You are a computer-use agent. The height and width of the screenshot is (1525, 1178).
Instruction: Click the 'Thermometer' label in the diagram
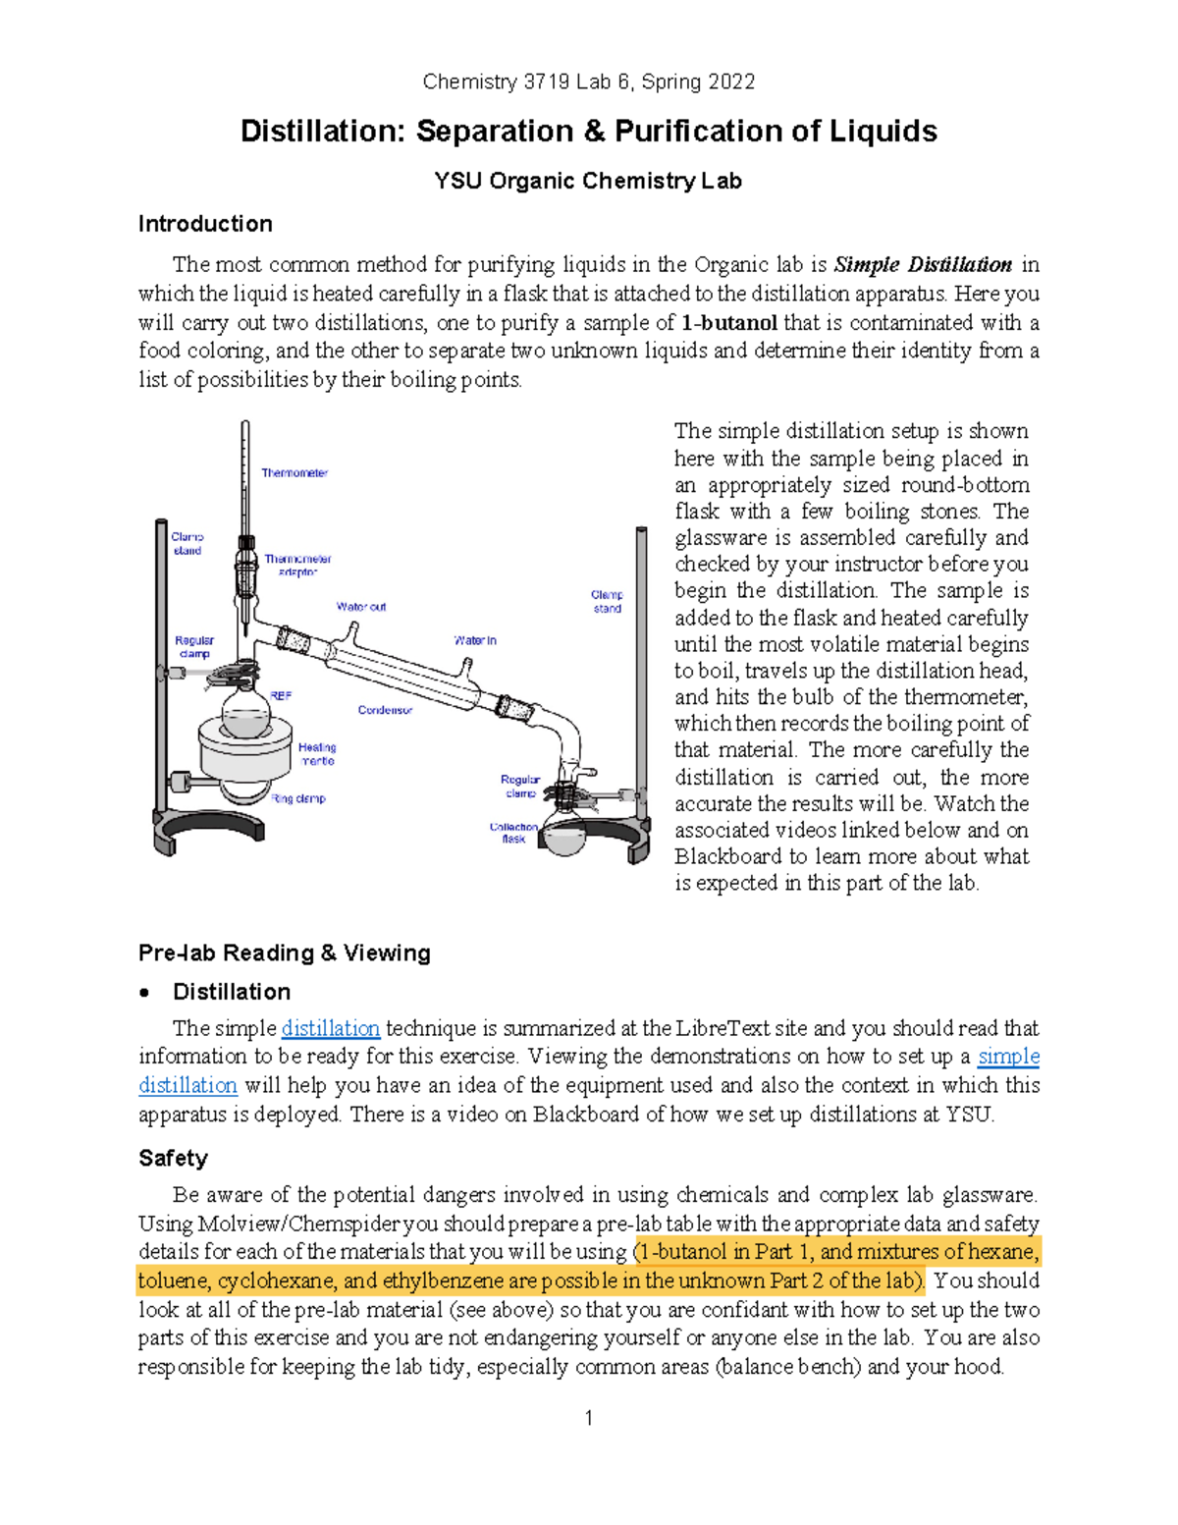(294, 473)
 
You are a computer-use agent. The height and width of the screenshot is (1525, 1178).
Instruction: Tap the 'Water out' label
(361, 607)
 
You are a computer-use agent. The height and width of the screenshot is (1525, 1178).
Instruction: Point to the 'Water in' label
(475, 640)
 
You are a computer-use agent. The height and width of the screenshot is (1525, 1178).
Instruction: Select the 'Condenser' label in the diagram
(385, 710)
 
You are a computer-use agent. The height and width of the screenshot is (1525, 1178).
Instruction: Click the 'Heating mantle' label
(317, 754)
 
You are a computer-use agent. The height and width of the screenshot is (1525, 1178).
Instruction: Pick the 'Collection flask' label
(513, 833)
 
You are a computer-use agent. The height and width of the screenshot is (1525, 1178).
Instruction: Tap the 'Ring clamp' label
(298, 798)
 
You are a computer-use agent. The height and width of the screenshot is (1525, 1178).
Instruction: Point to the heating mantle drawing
(245, 751)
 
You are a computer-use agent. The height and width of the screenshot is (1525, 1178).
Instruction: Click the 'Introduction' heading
(205, 224)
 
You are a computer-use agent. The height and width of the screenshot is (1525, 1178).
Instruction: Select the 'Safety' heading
(173, 1158)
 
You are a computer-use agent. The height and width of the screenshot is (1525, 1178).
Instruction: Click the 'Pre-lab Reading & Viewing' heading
(285, 953)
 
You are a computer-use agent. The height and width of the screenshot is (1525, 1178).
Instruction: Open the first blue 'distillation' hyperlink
(330, 1028)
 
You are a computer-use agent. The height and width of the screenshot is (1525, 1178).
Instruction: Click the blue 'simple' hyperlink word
(1008, 1057)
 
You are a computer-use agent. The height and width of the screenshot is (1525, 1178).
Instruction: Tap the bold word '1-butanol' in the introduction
(729, 323)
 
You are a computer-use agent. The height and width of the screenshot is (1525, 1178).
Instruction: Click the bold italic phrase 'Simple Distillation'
(922, 265)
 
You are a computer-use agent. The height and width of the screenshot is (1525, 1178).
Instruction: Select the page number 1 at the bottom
(588, 1417)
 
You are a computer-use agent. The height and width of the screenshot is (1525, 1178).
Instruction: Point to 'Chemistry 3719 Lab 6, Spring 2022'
(588, 82)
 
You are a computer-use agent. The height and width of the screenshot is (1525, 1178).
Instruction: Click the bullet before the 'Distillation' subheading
(145, 992)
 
